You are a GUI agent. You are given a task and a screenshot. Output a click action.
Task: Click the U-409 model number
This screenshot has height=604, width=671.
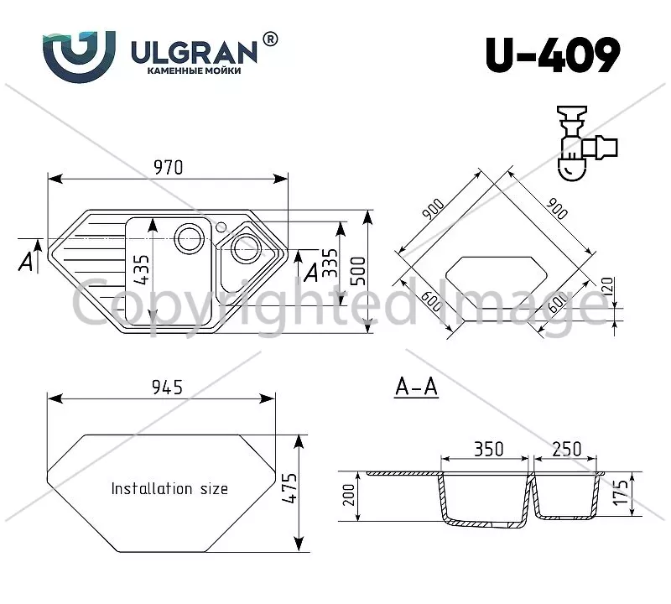pyautogui.click(x=553, y=55)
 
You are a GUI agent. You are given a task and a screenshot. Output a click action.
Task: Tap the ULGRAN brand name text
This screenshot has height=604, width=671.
pyautogui.click(x=194, y=53)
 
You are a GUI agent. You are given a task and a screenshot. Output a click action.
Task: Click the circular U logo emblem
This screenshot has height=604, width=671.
pyautogui.click(x=79, y=56)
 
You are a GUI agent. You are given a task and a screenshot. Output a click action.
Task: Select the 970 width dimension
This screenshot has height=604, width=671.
pyautogui.click(x=169, y=168)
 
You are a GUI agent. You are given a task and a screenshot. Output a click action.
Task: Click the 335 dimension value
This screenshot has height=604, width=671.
pyautogui.click(x=330, y=263)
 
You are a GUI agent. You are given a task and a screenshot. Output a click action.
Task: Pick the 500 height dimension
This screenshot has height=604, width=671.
pyautogui.click(x=359, y=271)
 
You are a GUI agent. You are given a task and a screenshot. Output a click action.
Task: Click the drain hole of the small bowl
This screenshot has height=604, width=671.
pyautogui.click(x=246, y=248)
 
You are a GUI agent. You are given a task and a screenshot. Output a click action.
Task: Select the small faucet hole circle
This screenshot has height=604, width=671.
pyautogui.click(x=221, y=226)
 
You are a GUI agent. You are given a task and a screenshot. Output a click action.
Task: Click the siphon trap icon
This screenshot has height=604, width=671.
pyautogui.click(x=586, y=143)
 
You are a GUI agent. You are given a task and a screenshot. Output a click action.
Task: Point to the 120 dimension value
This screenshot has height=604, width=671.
pyautogui.click(x=607, y=285)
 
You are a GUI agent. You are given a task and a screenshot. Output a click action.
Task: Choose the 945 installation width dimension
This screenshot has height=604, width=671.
pyautogui.click(x=167, y=387)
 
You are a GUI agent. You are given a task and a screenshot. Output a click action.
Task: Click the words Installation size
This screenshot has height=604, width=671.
pyautogui.click(x=169, y=488)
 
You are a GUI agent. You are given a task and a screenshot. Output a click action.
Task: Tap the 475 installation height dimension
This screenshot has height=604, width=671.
pyautogui.click(x=289, y=488)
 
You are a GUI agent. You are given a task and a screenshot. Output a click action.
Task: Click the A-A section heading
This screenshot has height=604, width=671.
pyautogui.click(x=416, y=387)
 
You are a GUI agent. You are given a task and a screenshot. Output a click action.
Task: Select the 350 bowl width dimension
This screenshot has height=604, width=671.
pyautogui.click(x=489, y=449)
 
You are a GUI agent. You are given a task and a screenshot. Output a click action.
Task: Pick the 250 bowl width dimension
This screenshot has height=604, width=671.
pyautogui.click(x=567, y=449)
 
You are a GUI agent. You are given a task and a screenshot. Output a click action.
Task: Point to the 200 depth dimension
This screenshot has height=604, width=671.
pyautogui.click(x=349, y=495)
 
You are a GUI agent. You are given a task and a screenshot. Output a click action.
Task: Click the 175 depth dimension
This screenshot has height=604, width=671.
pyautogui.click(x=621, y=492)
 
